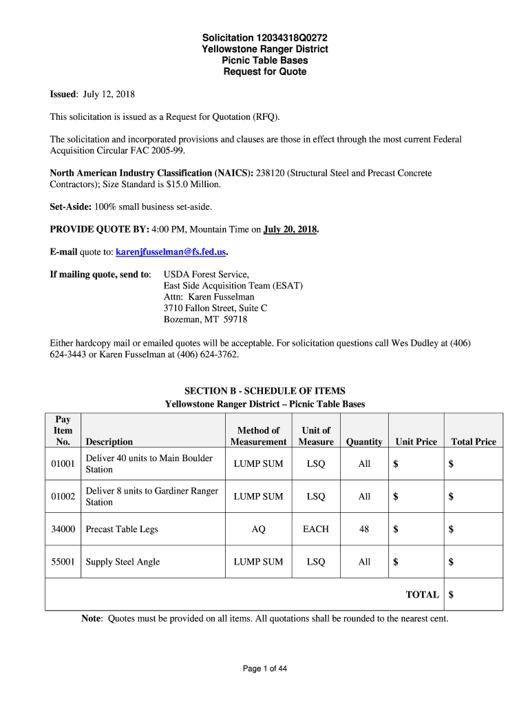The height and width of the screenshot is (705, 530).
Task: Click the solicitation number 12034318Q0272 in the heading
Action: click(288, 38)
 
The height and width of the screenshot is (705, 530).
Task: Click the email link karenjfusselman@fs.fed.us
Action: click(171, 252)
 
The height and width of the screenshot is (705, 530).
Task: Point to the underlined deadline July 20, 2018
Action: click(290, 229)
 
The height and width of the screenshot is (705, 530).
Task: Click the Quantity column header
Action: click(364, 442)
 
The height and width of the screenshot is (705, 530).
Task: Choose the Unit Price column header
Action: click(416, 442)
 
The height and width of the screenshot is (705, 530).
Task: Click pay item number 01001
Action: click(63, 464)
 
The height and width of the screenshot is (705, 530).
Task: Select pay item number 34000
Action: click(63, 529)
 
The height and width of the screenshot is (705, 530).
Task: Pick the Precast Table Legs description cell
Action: click(122, 529)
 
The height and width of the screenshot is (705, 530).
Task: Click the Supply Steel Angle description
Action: click(123, 562)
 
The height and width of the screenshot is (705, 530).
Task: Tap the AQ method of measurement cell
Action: click(258, 529)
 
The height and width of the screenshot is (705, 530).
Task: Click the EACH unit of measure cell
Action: click(316, 529)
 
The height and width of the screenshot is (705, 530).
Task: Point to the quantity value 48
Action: click(364, 529)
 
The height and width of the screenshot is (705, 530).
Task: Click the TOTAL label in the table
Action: click(422, 595)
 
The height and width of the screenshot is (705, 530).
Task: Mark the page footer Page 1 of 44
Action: click(265, 669)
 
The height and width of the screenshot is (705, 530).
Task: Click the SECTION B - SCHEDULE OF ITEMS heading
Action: click(265, 391)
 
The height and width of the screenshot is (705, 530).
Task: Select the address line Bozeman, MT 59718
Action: click(205, 319)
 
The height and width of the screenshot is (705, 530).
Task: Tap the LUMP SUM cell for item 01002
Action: click(258, 496)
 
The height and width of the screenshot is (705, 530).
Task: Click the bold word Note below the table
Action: click(92, 618)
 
